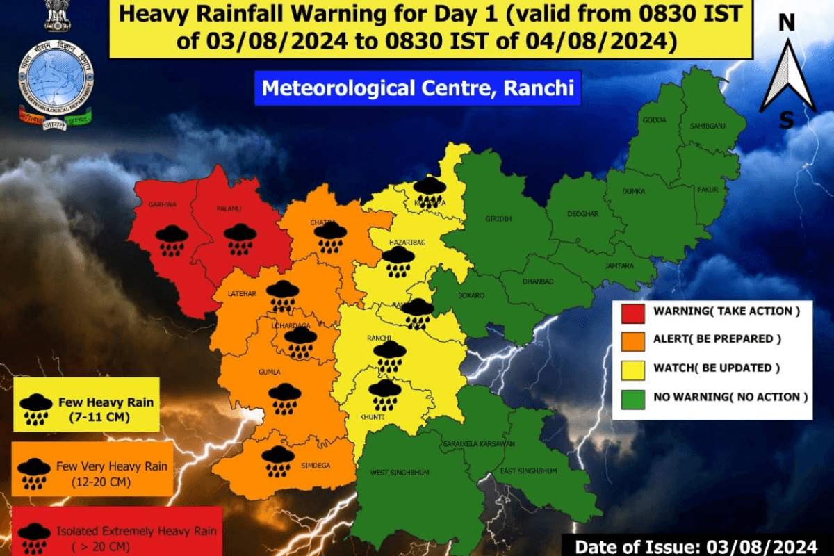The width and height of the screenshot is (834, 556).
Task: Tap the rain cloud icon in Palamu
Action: point(240,238)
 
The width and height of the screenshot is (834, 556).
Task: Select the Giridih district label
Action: point(498,219)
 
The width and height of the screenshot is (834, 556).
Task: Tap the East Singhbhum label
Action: point(529,471)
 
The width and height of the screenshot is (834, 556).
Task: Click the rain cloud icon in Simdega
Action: point(278,461)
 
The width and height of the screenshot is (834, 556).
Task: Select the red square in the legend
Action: point(631,311)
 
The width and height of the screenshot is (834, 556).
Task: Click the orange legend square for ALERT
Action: point(631,340)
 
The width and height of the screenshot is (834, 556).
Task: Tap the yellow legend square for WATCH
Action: point(631,369)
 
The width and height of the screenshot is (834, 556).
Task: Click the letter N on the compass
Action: point(787,22)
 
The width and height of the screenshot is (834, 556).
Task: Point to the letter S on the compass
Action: point(786,121)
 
